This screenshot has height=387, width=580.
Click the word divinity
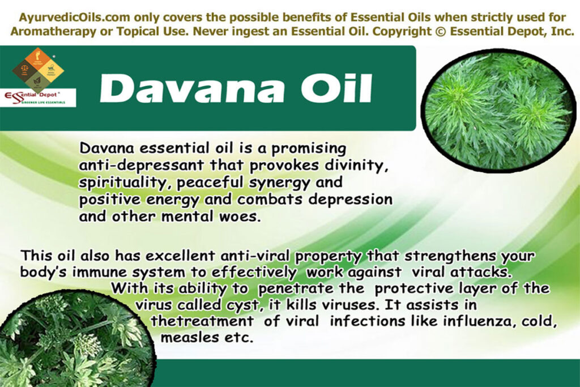(x=363, y=166)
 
